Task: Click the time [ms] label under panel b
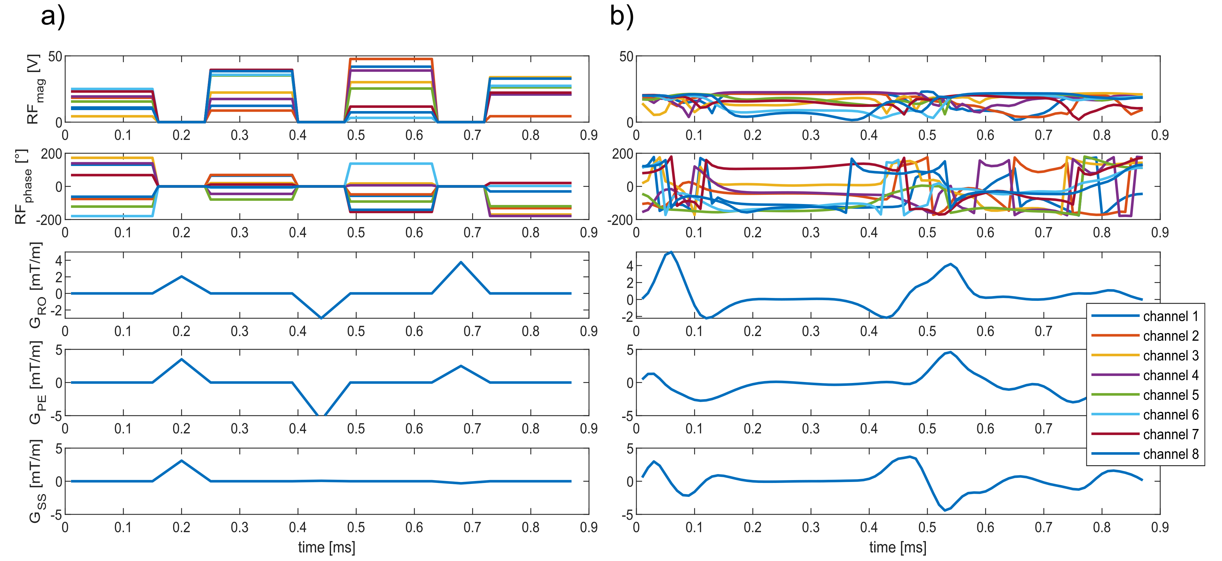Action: click(898, 547)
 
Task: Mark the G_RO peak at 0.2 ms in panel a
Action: click(182, 276)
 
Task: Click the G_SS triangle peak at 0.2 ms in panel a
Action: click(182, 460)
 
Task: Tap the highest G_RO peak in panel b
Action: click(671, 252)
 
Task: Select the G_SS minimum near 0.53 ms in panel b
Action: click(945, 510)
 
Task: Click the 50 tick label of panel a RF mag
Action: click(55, 56)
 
